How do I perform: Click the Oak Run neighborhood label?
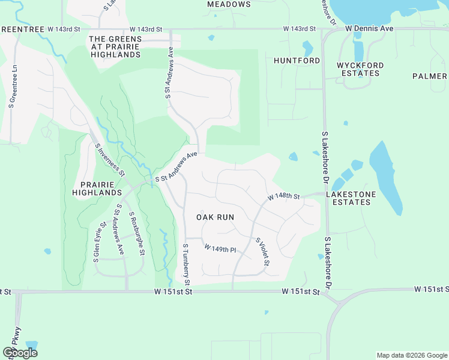(x=215, y=217)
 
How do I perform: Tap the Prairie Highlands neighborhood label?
(x=97, y=188)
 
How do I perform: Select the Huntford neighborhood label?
(x=297, y=61)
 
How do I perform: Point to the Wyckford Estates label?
(x=358, y=69)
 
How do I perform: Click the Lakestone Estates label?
(x=351, y=198)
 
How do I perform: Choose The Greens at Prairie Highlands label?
(x=115, y=47)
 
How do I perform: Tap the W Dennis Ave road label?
(x=369, y=28)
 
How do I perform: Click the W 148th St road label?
(x=283, y=196)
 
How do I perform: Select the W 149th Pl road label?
(x=220, y=248)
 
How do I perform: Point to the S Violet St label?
(x=263, y=252)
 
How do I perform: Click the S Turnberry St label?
(x=186, y=265)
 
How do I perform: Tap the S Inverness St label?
(x=109, y=159)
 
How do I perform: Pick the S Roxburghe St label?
(x=137, y=233)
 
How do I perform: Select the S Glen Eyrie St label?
(x=96, y=244)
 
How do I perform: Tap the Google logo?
(x=20, y=353)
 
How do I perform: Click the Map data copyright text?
(x=412, y=355)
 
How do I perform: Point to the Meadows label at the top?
(x=229, y=4)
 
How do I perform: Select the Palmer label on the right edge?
(x=430, y=76)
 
